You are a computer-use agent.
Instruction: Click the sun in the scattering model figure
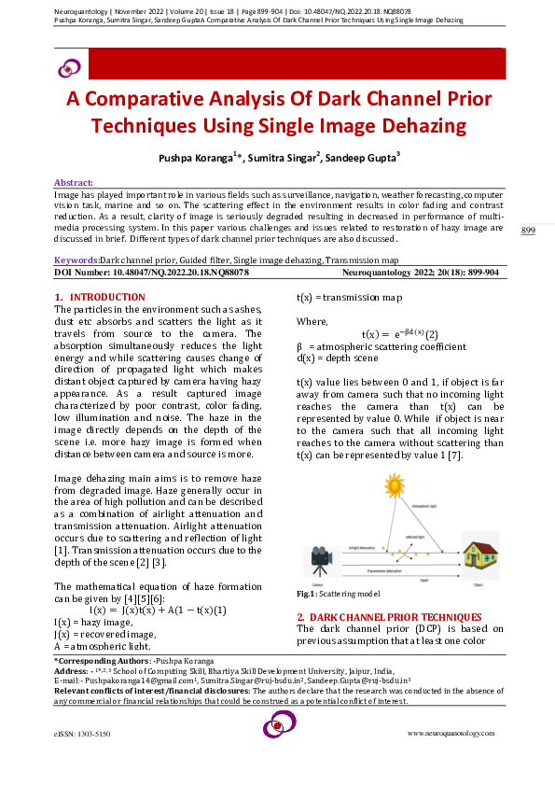tap(395, 484)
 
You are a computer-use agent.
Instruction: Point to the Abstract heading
tap(73, 182)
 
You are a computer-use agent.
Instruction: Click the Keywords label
tap(76, 260)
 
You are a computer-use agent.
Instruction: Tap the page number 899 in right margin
tap(527, 231)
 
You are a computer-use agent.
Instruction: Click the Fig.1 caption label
tap(306, 594)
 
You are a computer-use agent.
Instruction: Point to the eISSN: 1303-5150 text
tap(82, 735)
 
